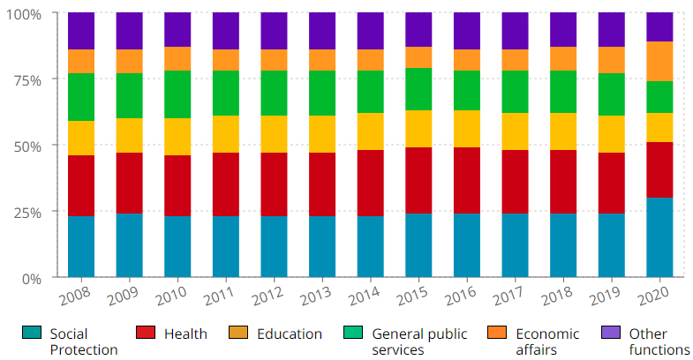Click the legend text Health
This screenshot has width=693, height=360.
(x=185, y=334)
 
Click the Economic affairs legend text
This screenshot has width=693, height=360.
(x=547, y=341)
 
